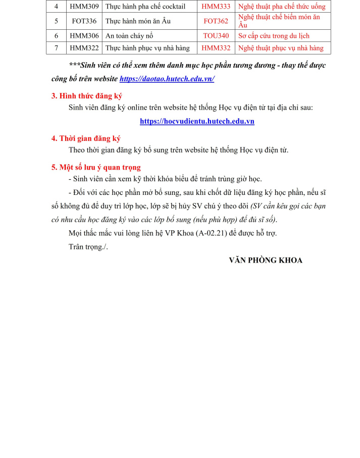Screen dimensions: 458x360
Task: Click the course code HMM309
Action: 84,7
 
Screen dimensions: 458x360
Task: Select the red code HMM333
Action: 216,7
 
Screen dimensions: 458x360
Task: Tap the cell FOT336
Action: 84,21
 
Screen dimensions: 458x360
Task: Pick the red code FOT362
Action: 216,21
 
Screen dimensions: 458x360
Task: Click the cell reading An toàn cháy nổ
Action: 129,36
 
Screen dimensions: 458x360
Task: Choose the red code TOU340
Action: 216,36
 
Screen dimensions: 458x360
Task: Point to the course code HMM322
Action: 84,48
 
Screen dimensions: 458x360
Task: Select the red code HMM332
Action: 216,48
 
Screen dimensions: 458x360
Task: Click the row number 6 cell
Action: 57,36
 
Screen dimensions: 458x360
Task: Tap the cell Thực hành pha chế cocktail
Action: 145,7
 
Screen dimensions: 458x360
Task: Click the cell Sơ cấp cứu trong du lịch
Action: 274,36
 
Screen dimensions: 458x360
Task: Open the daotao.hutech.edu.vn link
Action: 167,79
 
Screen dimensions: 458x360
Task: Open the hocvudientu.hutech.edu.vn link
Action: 197,121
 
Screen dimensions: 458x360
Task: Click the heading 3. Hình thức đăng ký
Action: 87,96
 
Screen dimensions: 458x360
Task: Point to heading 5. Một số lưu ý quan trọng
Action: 96,167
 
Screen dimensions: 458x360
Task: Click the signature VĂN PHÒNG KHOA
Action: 266,260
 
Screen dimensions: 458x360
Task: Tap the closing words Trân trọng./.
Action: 88,246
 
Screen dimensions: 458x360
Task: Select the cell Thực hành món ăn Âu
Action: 138,21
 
